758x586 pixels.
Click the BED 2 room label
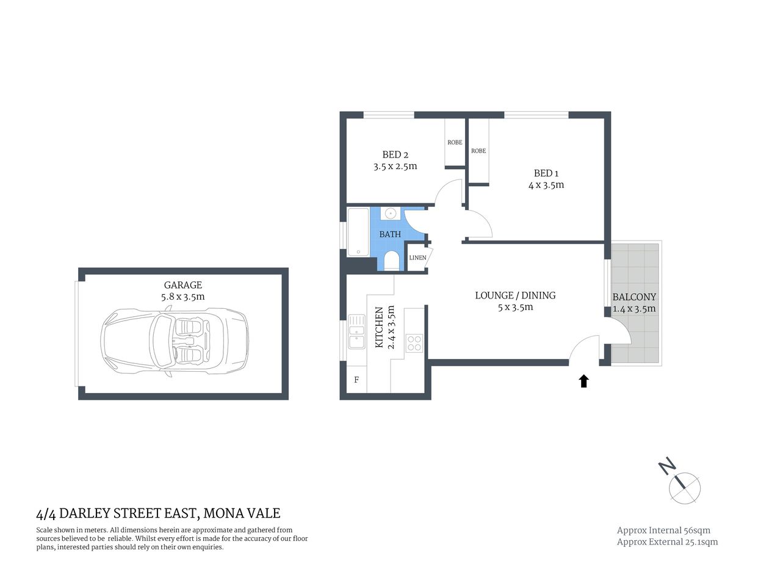(x=395, y=154)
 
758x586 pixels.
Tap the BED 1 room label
(x=546, y=173)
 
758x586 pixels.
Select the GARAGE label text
(x=182, y=285)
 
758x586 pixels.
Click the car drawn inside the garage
(x=175, y=341)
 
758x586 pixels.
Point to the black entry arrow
(x=583, y=382)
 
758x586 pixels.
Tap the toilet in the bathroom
(x=391, y=261)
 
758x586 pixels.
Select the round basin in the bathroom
(x=391, y=214)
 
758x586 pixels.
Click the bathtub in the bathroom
(x=358, y=232)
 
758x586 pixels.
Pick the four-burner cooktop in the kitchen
(x=414, y=343)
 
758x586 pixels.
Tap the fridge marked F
(x=356, y=380)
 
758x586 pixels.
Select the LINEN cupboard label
(x=417, y=258)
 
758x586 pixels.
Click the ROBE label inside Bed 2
(x=455, y=142)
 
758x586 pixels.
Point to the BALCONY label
(x=634, y=297)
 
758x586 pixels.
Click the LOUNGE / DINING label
(x=515, y=295)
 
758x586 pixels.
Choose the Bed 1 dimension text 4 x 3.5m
(x=546, y=185)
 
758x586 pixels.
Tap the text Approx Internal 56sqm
(x=663, y=530)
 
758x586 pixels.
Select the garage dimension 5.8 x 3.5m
(x=182, y=297)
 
